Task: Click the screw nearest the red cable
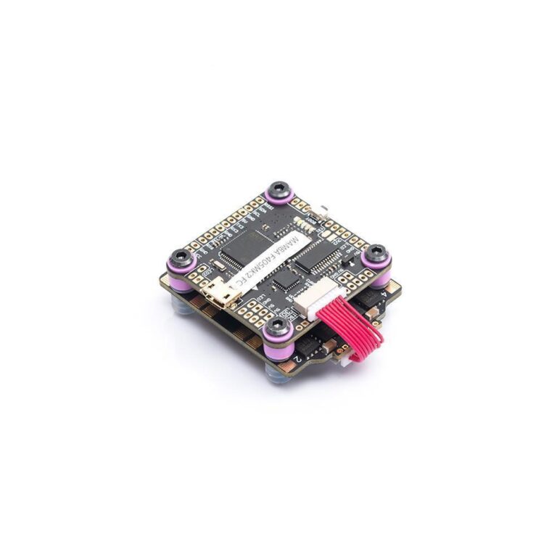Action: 278,330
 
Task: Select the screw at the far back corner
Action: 278,190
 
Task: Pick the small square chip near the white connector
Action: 286,278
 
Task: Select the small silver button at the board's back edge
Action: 323,211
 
